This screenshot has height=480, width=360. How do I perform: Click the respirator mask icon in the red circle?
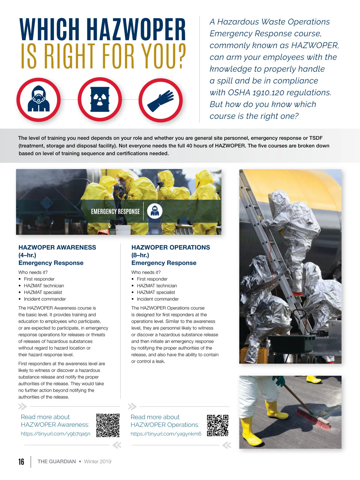(38, 100)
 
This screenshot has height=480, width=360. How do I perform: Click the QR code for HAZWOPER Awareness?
(108, 425)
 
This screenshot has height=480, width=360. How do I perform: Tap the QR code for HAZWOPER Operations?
(218, 425)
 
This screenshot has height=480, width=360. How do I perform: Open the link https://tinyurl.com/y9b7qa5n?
(55, 434)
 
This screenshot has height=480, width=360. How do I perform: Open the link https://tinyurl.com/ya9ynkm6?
(166, 434)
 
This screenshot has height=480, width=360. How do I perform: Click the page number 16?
(21, 462)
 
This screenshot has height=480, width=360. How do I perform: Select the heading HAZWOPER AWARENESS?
(57, 247)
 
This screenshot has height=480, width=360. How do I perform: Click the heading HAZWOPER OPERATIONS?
(171, 247)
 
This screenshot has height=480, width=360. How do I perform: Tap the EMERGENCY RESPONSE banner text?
(115, 211)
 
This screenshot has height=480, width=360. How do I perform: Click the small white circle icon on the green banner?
(155, 211)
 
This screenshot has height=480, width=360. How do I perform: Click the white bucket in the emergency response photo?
(123, 229)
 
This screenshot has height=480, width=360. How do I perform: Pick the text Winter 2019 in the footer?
(97, 462)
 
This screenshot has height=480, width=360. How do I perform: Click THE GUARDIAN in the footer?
(57, 462)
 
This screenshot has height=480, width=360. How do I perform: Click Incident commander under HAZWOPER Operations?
(158, 299)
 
